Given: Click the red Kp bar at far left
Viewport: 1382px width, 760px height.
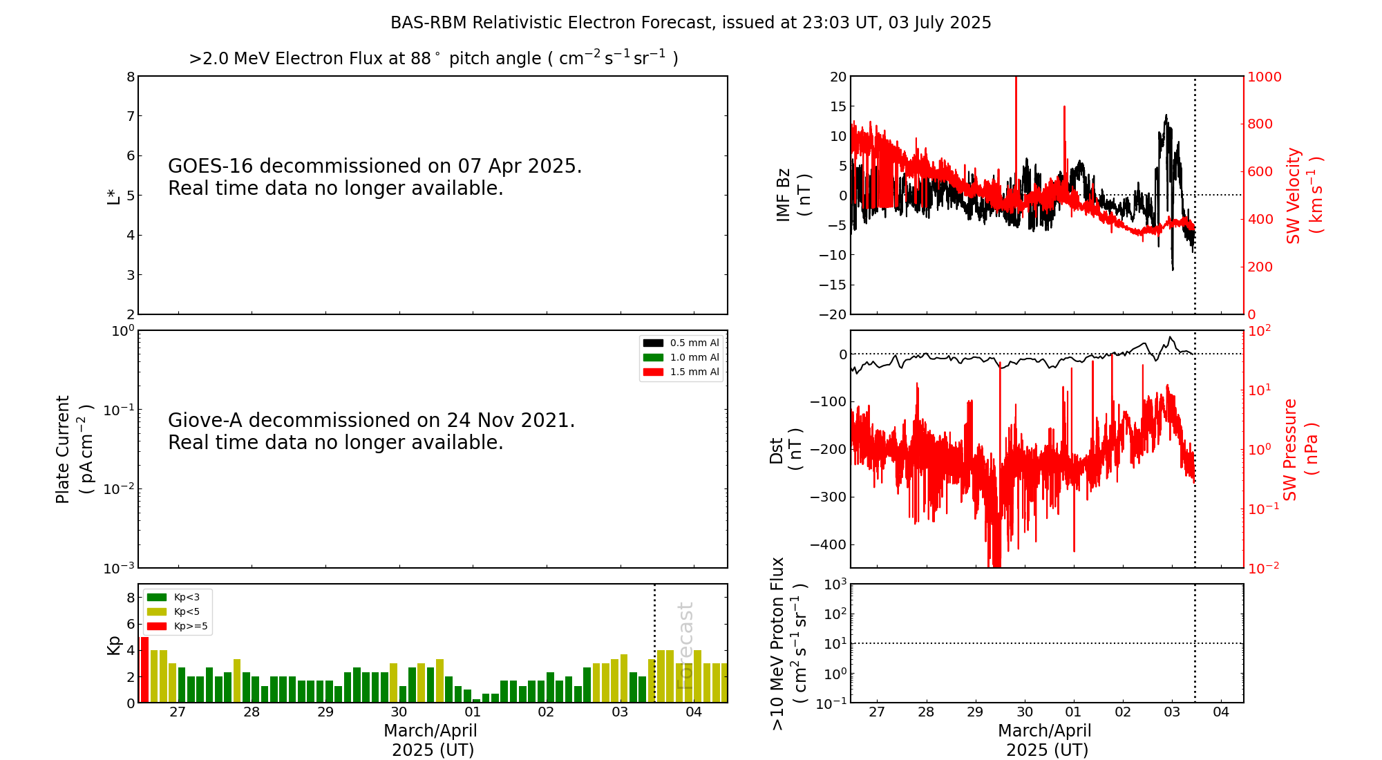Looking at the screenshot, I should (x=144, y=669).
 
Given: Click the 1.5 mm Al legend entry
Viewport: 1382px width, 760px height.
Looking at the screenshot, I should (x=681, y=372).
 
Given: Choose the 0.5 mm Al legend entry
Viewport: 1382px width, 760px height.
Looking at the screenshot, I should (x=681, y=343).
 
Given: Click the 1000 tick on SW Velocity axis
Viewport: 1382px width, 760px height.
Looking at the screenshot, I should (x=1264, y=77).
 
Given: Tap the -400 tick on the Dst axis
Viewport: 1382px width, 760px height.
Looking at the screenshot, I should (x=828, y=544).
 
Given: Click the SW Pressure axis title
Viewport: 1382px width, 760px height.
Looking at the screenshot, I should (x=1300, y=449).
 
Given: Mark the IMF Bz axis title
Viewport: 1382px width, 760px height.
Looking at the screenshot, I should (x=793, y=195).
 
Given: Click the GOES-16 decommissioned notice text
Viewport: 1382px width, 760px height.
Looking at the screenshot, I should (x=375, y=177).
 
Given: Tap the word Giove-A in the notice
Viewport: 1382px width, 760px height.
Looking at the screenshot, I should (x=205, y=421).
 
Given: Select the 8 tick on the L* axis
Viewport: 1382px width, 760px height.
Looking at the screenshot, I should (x=131, y=77).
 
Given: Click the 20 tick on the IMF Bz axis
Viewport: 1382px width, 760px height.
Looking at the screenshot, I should (x=837, y=77).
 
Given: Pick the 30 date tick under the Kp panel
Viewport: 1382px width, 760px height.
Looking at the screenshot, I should (x=399, y=712).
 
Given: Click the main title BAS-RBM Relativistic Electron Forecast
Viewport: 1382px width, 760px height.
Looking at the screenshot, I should (x=690, y=23).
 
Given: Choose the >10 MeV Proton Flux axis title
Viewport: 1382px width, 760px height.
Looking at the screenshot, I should (x=788, y=643).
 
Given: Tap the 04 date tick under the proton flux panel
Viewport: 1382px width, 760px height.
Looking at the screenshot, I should (x=1221, y=712).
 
